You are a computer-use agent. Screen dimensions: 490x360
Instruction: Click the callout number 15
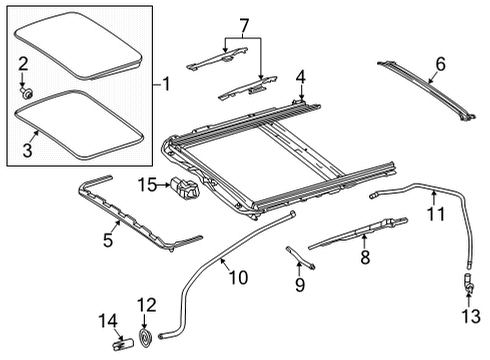point(147,185)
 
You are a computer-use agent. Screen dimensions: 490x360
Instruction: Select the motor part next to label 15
point(184,189)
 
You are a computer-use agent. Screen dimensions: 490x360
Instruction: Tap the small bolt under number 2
point(26,92)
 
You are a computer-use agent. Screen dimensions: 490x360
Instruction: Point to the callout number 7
point(244,26)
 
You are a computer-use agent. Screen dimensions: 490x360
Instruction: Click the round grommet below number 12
point(145,338)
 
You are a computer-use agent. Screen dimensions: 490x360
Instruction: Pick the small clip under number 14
point(122,344)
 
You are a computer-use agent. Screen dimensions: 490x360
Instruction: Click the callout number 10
point(238,277)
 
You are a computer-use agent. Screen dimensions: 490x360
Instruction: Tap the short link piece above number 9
point(300,258)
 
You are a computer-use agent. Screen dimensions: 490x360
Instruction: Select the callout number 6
point(440,64)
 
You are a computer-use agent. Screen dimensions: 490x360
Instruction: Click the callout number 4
point(301,78)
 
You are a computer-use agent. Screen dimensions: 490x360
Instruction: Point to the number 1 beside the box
point(166,84)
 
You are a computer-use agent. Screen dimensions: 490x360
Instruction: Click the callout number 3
point(27,149)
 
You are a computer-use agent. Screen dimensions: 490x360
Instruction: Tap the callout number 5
point(108,240)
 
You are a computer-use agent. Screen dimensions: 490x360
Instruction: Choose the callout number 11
point(436,213)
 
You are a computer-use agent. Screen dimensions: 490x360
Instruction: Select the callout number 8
point(365,257)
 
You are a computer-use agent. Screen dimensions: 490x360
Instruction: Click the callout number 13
point(471,315)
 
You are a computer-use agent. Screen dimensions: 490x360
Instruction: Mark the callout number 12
point(147,305)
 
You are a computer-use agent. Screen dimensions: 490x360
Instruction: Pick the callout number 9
point(300,285)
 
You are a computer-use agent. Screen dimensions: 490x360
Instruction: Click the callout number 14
point(108,321)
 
